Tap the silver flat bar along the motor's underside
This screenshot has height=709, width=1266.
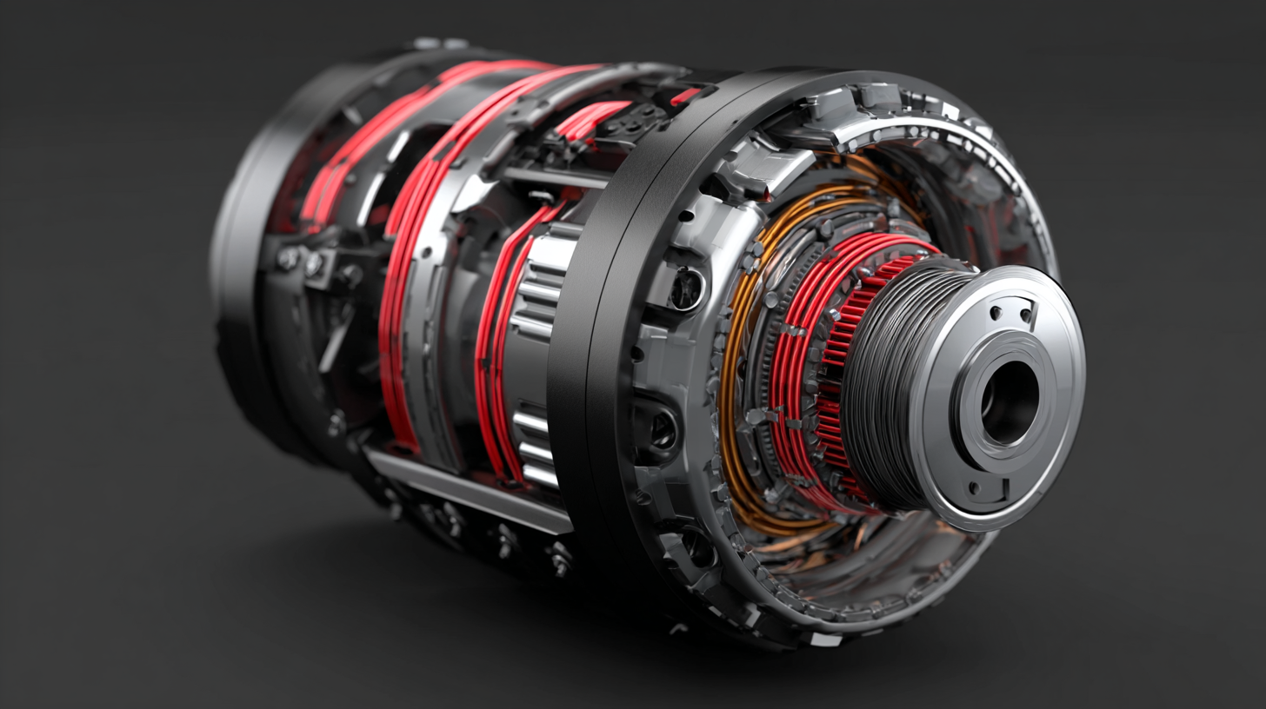[x=470, y=491]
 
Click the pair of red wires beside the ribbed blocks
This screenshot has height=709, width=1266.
[x=496, y=348]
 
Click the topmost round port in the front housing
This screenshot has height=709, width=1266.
[x=687, y=288]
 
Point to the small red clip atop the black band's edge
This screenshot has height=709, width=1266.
[x=685, y=95]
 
